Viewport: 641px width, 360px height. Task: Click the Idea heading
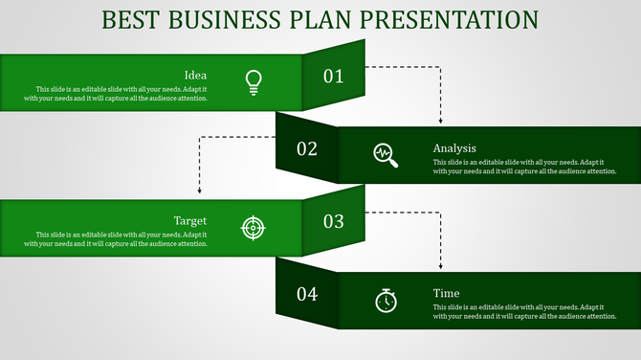[195, 75]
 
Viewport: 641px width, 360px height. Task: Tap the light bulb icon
[253, 82]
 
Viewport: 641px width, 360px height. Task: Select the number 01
[333, 77]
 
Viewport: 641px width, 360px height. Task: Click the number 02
[307, 148]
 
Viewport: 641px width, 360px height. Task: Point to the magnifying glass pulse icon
[386, 154]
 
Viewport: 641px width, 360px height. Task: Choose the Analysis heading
[454, 148]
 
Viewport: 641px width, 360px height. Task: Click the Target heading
[190, 220]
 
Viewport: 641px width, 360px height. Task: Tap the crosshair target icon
[253, 227]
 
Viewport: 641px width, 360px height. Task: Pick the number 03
[333, 221]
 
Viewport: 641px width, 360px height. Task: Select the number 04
[307, 294]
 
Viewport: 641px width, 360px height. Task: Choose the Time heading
[446, 293]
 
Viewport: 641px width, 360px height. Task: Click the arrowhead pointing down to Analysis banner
[440, 121]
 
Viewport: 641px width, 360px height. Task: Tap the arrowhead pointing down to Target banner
[199, 192]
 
